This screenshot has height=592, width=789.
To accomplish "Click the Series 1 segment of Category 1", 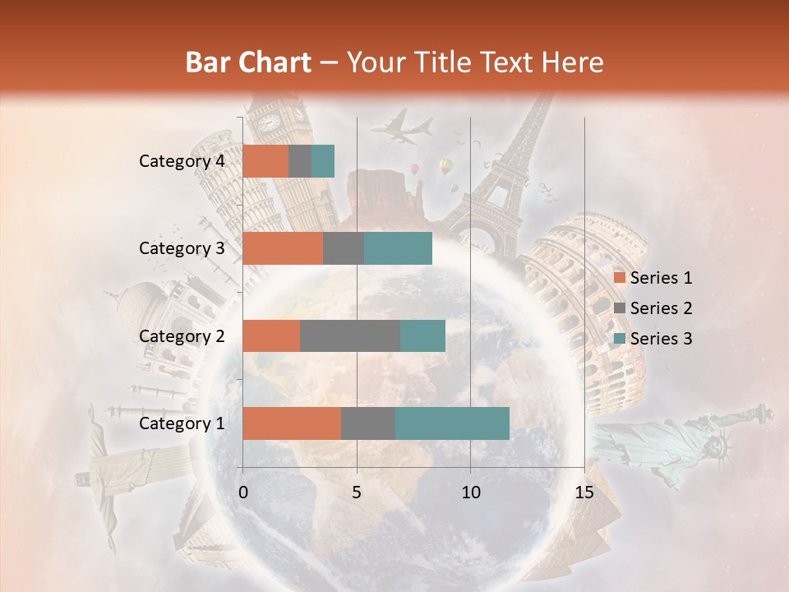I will (x=292, y=423).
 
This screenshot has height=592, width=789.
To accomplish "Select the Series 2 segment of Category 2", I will (x=350, y=335).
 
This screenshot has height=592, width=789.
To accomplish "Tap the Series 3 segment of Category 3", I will (x=398, y=248).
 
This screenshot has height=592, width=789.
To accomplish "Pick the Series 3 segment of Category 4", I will (x=323, y=161).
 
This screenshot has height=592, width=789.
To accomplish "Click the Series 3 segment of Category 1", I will (x=452, y=423).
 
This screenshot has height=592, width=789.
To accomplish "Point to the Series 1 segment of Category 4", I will (x=265, y=161).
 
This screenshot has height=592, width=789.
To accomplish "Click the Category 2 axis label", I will (x=182, y=335).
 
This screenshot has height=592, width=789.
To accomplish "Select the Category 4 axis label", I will (x=182, y=161).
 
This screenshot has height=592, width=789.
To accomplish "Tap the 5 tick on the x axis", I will (x=357, y=493).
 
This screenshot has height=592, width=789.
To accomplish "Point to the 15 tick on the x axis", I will (x=584, y=493).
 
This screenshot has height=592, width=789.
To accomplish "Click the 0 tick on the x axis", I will (x=243, y=493).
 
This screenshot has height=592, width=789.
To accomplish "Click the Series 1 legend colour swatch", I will (x=620, y=278).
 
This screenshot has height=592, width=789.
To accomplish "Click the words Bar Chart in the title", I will (x=248, y=62).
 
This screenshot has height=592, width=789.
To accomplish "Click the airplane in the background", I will (x=403, y=127).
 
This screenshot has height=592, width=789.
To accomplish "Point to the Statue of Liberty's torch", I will (x=765, y=410).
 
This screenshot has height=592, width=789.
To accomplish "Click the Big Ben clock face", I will (x=269, y=123).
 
